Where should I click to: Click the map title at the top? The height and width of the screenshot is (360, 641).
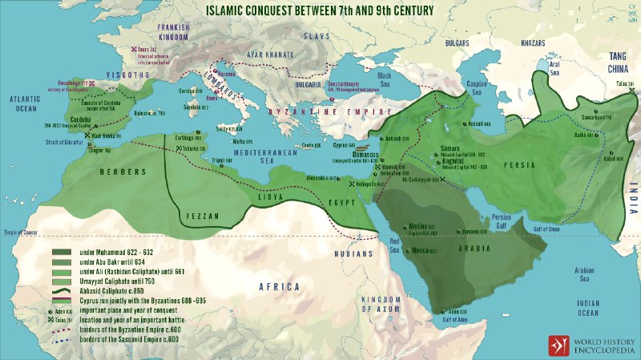click(320, 10)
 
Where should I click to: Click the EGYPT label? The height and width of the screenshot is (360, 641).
click(344, 203)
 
